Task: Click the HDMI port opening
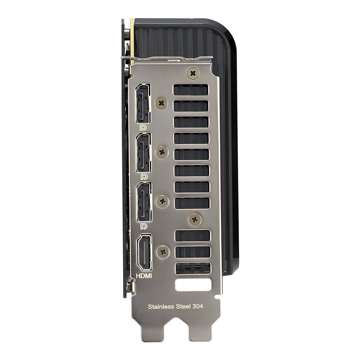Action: [144, 252]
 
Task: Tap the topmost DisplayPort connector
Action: [143, 104]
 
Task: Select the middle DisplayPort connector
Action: [144, 153]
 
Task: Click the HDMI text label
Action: [144, 276]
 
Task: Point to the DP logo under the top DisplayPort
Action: [143, 128]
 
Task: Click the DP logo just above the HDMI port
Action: [144, 226]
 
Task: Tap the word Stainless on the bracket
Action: [161, 307]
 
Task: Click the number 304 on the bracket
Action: [197, 306]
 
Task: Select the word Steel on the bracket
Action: [183, 306]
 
